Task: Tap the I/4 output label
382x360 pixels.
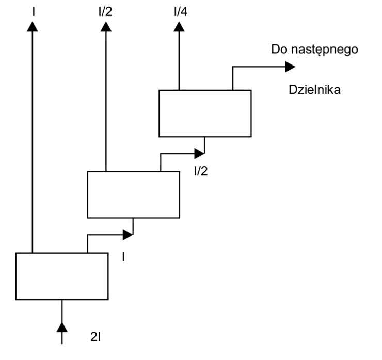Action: click(180, 10)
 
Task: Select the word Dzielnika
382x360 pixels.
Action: click(315, 90)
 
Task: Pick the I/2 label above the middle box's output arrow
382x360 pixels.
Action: click(106, 10)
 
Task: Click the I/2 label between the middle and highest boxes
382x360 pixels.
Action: click(201, 171)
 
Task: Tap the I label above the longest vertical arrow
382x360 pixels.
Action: click(33, 10)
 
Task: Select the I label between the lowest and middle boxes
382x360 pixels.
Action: click(123, 256)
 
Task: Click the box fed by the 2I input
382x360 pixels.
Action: click(62, 276)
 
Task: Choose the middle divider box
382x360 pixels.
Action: click(133, 194)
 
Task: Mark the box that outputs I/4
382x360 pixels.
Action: click(205, 113)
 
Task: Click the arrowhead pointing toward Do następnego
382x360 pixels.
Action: click(290, 66)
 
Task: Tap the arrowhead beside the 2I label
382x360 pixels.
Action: click(62, 327)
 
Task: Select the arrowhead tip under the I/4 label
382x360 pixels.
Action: click(179, 26)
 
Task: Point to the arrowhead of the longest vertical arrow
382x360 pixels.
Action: click(33, 26)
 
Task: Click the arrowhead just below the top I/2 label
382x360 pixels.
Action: click(106, 26)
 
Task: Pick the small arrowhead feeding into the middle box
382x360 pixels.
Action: click(128, 235)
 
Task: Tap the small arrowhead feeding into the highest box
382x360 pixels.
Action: click(199, 153)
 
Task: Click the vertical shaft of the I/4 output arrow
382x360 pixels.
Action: click(179, 62)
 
